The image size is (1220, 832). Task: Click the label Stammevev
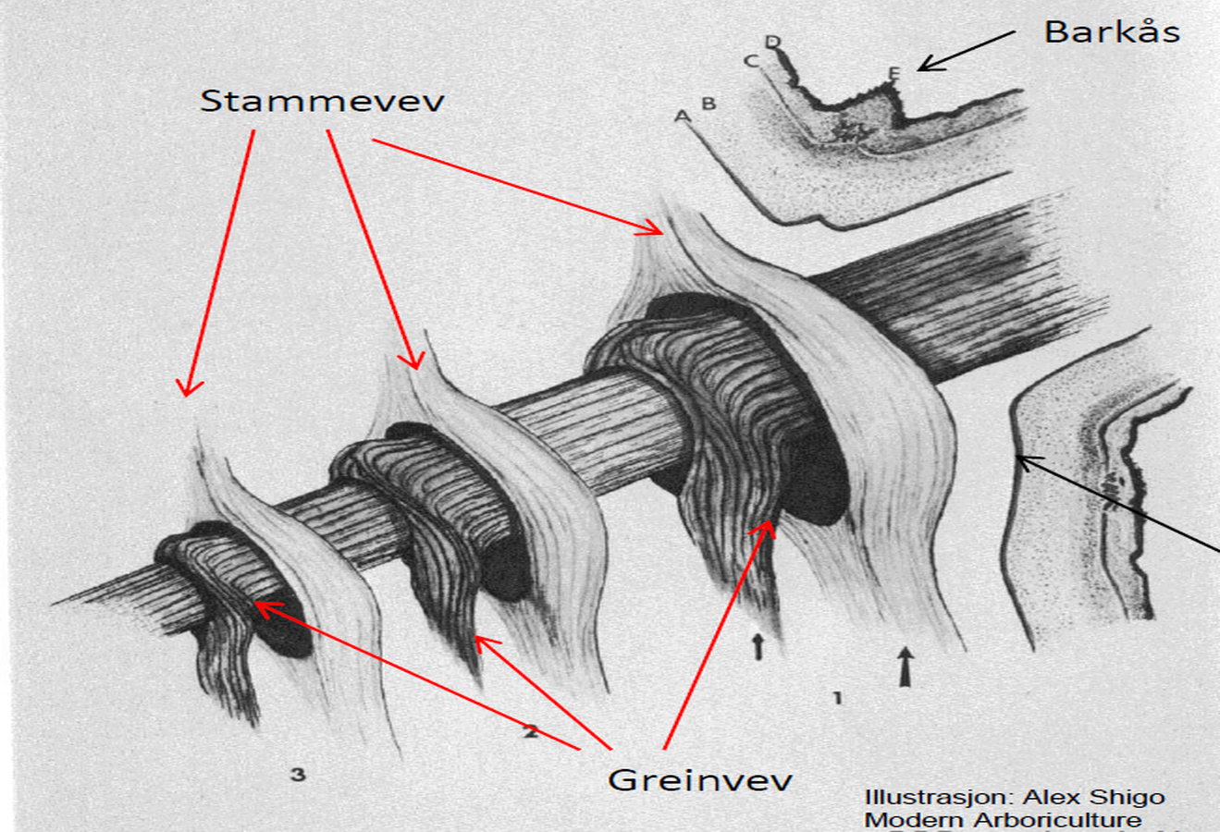[322, 101]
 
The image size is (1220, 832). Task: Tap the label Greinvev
[700, 779]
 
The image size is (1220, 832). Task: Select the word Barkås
[1112, 32]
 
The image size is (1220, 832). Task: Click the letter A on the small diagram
[683, 116]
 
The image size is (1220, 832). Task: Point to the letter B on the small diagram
[709, 103]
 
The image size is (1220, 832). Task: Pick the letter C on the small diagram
[751, 61]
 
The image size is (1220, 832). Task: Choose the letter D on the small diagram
[773, 42]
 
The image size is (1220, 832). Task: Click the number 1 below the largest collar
[837, 698]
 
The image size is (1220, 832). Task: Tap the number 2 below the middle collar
[530, 732]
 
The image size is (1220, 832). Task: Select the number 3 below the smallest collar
[297, 774]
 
